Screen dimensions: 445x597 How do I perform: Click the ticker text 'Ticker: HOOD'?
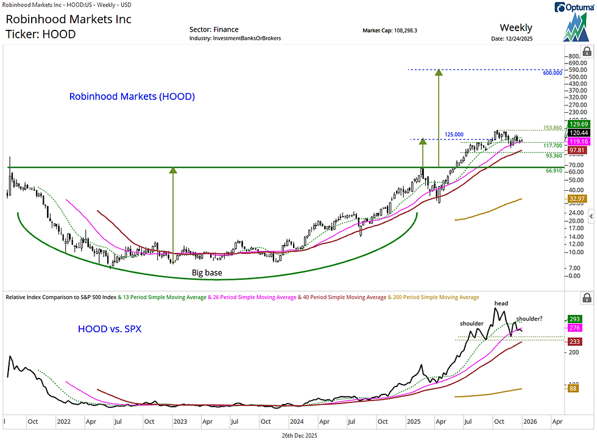[40, 34]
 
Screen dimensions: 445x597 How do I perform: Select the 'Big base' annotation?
[207, 272]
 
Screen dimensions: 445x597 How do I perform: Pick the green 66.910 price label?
[554, 171]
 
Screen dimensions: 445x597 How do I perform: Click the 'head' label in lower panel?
[501, 303]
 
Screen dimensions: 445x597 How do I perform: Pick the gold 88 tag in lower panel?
[573, 388]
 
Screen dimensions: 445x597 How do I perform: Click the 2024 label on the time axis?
[297, 421]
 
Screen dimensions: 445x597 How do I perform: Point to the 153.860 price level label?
[554, 128]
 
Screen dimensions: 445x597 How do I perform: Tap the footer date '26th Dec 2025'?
[298, 436]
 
